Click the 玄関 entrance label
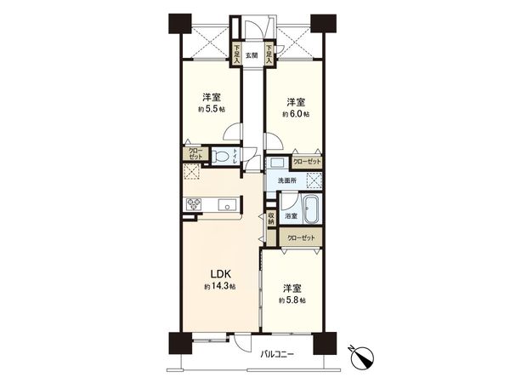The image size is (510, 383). pos(252,56)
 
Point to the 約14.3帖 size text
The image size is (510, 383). pos(220,288)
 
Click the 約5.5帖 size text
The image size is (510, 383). pos(212,110)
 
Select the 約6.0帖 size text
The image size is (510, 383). pos(296,112)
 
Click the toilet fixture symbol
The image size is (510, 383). pos(222,157)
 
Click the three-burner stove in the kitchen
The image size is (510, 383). pos(194,203)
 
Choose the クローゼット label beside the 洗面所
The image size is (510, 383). pos(307,160)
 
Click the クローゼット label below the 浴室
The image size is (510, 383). pos(301,237)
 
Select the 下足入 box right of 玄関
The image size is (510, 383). pos(268,54)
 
